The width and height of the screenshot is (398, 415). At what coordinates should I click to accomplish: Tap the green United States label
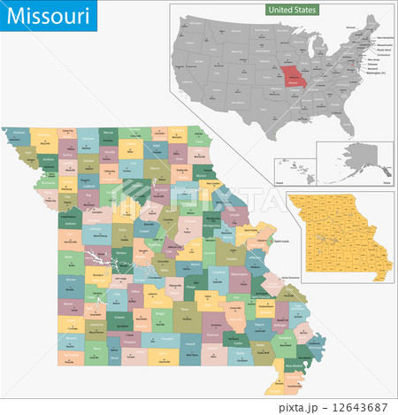293,9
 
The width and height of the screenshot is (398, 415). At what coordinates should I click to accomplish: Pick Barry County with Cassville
96,357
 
